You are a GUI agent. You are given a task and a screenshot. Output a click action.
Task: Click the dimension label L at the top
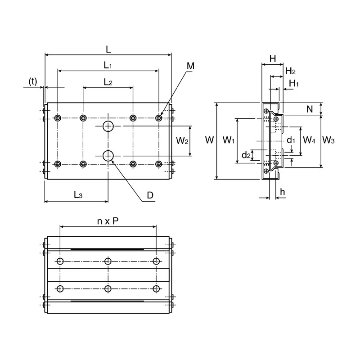(x=108, y=49)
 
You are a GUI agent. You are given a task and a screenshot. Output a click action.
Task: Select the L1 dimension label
(x=108, y=65)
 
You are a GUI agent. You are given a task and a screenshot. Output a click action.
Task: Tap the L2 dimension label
(x=108, y=82)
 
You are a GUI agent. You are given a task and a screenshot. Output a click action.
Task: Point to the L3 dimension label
(x=78, y=195)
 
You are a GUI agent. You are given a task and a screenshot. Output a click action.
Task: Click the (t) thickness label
(x=33, y=81)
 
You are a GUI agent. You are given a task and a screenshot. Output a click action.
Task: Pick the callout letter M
(x=190, y=66)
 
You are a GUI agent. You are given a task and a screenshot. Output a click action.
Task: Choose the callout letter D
(x=150, y=195)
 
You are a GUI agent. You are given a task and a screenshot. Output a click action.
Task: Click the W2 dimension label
(x=182, y=140)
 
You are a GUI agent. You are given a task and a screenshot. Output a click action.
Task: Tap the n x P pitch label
(x=108, y=221)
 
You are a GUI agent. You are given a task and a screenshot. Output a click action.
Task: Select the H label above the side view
(x=273, y=58)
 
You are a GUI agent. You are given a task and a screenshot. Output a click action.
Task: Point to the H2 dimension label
(x=290, y=71)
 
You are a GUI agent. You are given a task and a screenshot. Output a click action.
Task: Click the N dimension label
(x=310, y=109)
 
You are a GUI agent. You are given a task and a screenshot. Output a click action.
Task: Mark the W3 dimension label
(x=328, y=140)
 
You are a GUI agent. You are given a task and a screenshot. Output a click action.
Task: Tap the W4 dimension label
(x=309, y=140)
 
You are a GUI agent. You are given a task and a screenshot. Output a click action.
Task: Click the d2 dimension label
(x=246, y=155)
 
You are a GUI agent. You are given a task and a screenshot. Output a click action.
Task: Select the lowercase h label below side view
(x=283, y=192)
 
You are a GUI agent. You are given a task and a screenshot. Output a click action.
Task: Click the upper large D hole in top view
(x=108, y=126)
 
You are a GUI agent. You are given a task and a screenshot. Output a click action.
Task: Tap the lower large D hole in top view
(x=108, y=156)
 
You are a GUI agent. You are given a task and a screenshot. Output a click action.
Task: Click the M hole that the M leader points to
(x=159, y=118)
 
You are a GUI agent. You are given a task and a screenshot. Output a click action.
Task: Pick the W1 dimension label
(x=229, y=140)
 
